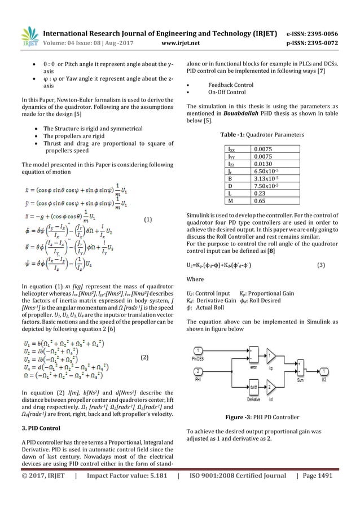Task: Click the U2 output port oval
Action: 326,371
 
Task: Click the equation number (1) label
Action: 148,218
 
